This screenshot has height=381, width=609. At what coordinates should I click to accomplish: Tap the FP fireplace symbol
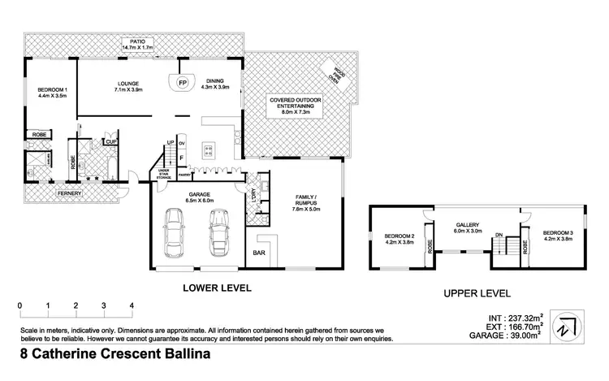[x=182, y=83]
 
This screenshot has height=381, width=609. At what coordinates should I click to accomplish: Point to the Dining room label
[x=215, y=84]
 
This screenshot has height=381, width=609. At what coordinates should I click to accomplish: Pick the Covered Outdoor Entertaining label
[x=296, y=105]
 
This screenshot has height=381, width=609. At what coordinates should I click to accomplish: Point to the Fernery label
[x=68, y=195]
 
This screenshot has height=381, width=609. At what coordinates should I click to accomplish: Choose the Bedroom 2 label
[x=400, y=238]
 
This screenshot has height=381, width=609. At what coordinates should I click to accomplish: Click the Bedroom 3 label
[x=558, y=234]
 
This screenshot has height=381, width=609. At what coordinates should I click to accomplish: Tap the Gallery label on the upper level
[x=469, y=228]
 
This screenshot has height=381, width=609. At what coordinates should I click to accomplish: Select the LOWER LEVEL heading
[x=217, y=287]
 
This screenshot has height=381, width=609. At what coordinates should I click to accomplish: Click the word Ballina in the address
[x=180, y=354]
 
